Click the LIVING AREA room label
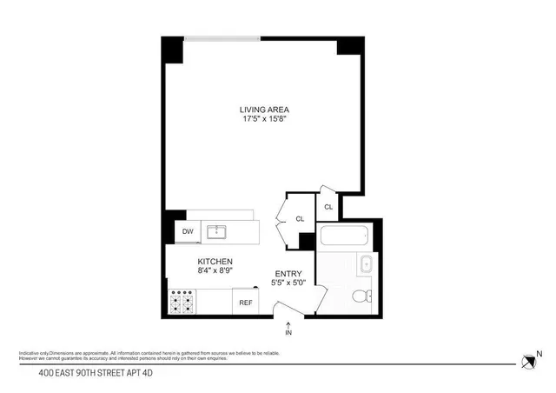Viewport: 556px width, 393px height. click(x=263, y=110)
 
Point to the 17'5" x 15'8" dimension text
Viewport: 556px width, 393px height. click(x=263, y=119)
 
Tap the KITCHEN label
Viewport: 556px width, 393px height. click(x=215, y=262)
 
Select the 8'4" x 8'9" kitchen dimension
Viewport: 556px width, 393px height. click(x=215, y=271)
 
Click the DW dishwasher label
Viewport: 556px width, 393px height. click(x=188, y=231)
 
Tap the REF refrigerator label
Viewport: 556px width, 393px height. click(x=246, y=303)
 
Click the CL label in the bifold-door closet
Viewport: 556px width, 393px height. click(x=300, y=219)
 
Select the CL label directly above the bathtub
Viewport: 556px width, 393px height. click(x=328, y=207)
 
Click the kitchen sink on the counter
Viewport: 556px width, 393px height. click(x=216, y=231)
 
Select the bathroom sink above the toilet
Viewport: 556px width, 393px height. click(x=366, y=266)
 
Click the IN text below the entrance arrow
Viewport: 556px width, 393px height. click(x=288, y=332)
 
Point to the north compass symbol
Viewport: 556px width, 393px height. click(x=528, y=361)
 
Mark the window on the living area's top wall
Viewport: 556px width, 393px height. click(x=222, y=37)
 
